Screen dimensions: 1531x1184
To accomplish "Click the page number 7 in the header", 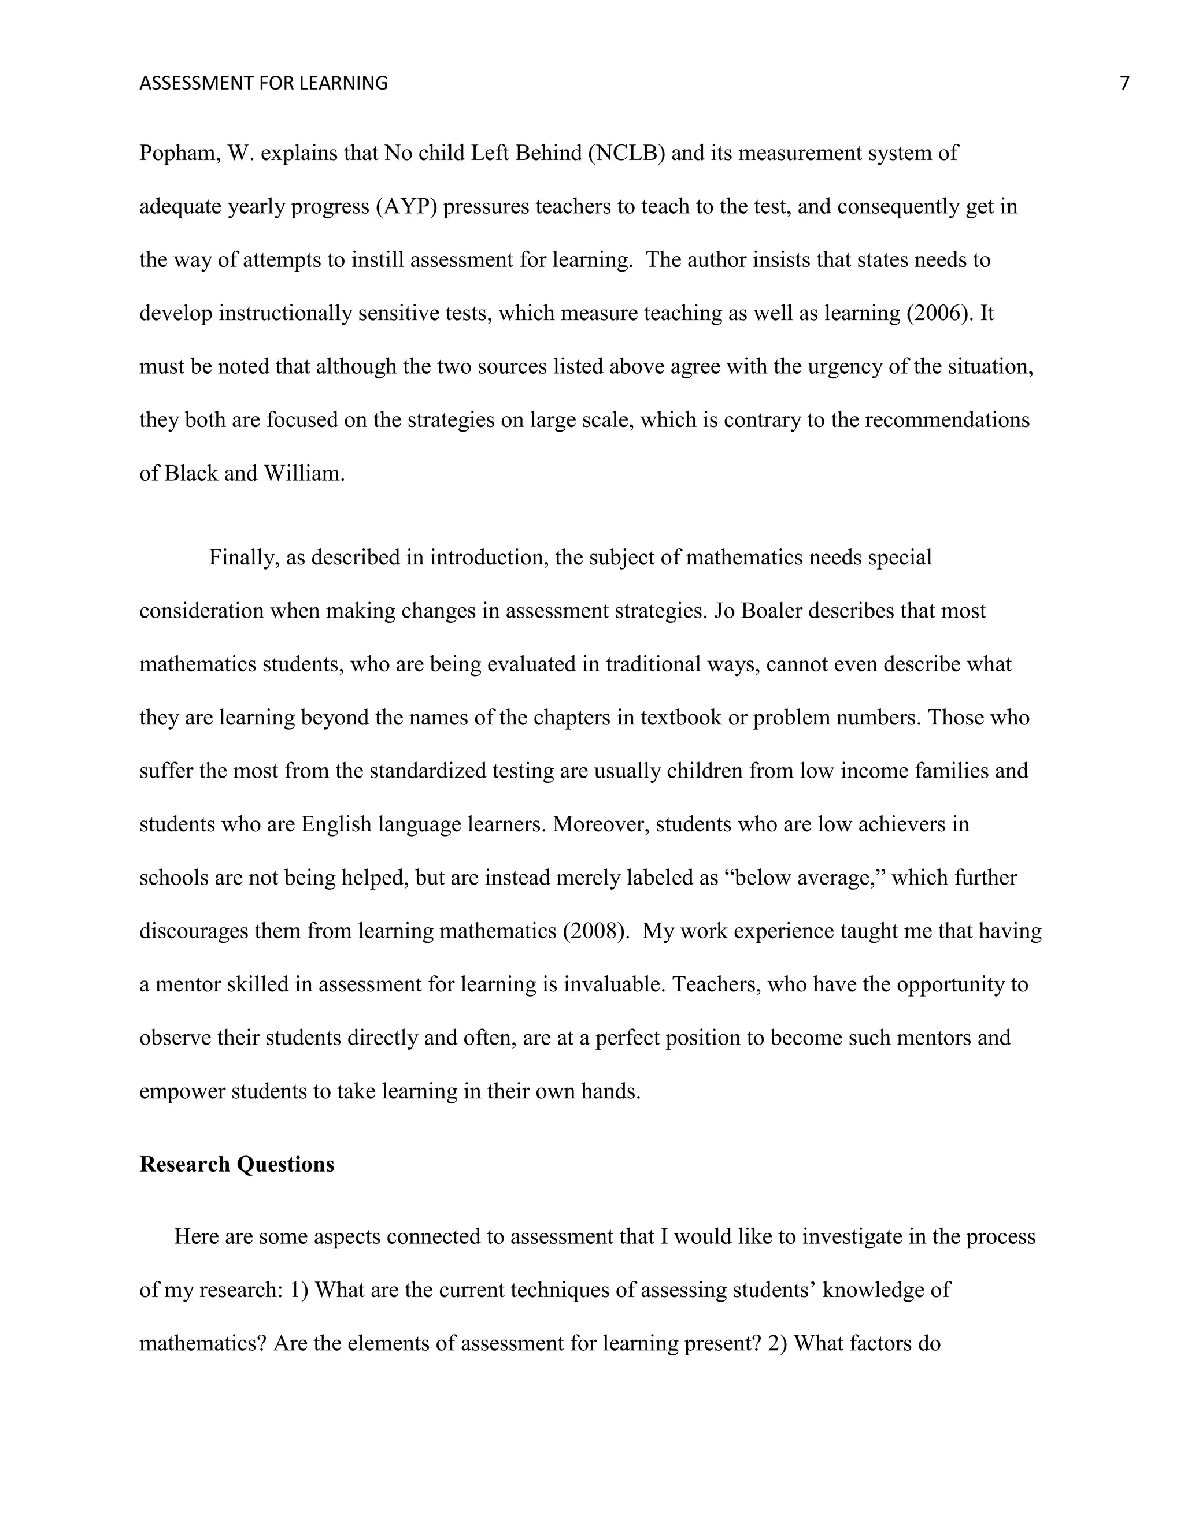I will point(1124,83).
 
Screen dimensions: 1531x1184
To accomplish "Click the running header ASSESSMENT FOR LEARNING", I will point(263,83).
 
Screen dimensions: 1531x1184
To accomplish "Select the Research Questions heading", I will point(236,1164).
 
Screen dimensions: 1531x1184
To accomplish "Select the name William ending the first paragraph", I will point(303,473).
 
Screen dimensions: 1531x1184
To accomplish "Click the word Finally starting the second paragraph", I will point(244,558).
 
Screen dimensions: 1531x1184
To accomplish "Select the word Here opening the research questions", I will point(197,1236).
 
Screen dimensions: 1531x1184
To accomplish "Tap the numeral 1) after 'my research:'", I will point(299,1290).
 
